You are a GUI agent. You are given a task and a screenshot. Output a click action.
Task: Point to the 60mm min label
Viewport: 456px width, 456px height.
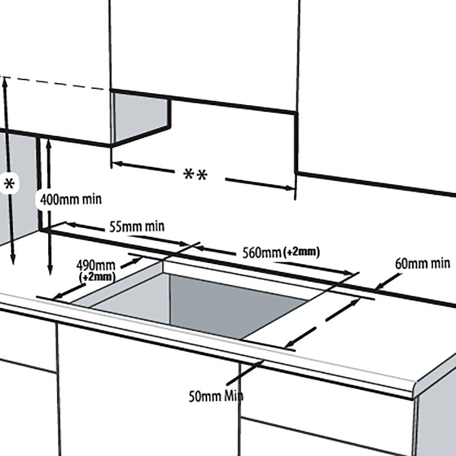click(422, 263)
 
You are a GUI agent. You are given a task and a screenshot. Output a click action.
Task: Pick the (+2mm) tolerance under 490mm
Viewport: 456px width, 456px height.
click(98, 277)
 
